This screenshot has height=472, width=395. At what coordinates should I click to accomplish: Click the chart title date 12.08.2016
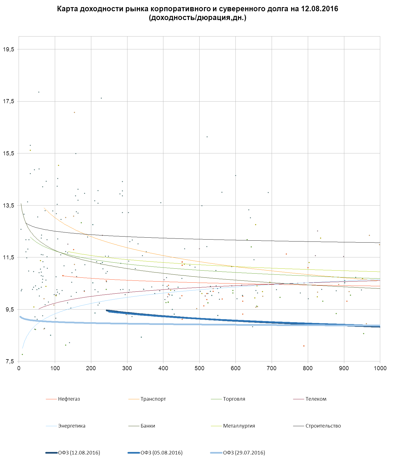point(319,9)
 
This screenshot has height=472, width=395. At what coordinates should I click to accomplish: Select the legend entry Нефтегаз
point(69,399)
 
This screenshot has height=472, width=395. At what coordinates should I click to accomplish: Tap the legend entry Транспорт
point(153,399)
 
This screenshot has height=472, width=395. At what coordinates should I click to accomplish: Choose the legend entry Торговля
point(234,399)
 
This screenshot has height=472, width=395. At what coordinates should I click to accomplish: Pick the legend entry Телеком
point(316,399)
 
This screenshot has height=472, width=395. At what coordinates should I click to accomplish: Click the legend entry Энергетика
point(72,426)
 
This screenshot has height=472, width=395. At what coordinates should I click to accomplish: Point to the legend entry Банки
point(148,426)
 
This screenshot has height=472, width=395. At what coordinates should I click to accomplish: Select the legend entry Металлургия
point(239,426)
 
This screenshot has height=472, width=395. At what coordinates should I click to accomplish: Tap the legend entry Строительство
point(323,426)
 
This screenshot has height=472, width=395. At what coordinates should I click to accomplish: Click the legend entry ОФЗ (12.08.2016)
point(79,453)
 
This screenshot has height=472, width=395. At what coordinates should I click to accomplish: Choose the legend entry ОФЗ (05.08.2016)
point(161,453)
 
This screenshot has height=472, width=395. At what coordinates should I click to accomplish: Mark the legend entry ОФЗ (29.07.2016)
point(244,453)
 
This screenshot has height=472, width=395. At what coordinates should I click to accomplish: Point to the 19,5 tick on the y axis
point(8,49)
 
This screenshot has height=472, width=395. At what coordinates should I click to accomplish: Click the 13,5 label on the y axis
point(8,206)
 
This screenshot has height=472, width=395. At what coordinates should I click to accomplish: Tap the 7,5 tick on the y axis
point(8,361)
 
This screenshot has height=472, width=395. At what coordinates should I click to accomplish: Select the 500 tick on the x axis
point(199,368)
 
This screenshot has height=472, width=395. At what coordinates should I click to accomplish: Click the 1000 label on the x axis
point(380,368)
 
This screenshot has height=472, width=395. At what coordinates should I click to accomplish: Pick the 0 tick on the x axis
point(19,368)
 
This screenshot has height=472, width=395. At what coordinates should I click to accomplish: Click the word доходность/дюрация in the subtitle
point(187,18)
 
